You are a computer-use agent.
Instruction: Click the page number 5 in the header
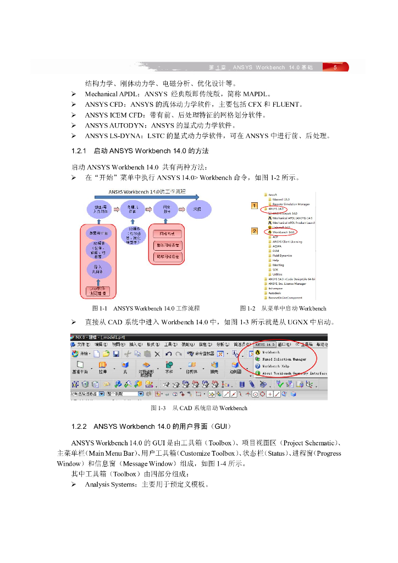[335, 68]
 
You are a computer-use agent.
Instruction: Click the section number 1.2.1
[80, 151]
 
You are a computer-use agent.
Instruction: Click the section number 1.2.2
[80, 427]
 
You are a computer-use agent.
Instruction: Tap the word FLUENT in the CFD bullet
[286, 104]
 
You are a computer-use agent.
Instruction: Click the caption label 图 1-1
[101, 308]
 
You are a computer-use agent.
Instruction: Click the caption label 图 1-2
[249, 308]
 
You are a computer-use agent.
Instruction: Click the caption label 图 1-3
[159, 408]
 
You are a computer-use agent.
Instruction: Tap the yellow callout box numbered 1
[254, 206]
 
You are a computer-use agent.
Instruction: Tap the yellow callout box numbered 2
[254, 231]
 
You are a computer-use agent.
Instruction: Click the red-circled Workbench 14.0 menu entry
[284, 233]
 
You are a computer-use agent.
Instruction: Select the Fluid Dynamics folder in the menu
[283, 255]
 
